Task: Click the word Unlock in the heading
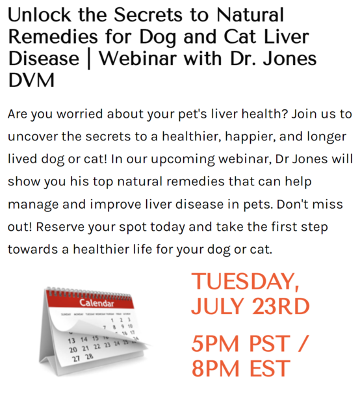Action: pyautogui.click(x=40, y=15)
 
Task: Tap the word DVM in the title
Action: pyautogui.click(x=31, y=80)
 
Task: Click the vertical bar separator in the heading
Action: pyautogui.click(x=89, y=59)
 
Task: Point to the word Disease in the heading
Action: pyautogui.click(x=44, y=59)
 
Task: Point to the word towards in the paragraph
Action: pyautogui.click(x=32, y=250)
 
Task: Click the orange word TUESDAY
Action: pyautogui.click(x=245, y=282)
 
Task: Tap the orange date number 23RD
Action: pyautogui.click(x=281, y=306)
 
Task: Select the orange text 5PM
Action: pyautogui.click(x=215, y=343)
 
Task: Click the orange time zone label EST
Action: pyautogui.click(x=270, y=368)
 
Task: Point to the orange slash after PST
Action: pyautogui.click(x=302, y=343)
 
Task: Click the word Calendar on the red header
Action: pyautogui.click(x=96, y=303)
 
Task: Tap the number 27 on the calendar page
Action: pyautogui.click(x=76, y=359)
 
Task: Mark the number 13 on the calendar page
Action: pyautogui.click(x=71, y=341)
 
